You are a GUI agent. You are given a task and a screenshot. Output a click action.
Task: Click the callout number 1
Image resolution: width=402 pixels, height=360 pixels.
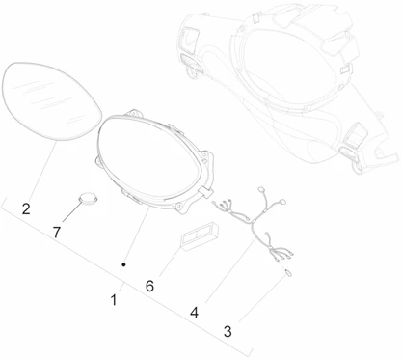click(114, 300)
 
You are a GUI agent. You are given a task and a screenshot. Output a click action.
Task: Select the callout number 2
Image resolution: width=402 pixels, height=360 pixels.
click(26, 208)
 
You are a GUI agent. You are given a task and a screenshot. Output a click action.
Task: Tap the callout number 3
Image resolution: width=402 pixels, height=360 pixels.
click(228, 332)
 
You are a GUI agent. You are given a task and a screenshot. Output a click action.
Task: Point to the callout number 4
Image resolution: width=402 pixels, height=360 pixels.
click(194, 313)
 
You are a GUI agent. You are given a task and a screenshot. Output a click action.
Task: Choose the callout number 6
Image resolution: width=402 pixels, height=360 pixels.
click(149, 286)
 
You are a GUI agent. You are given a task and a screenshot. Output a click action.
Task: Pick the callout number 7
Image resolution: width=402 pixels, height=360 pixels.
click(57, 232)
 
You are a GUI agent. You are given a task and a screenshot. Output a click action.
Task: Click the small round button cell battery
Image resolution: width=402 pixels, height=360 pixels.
click(88, 198)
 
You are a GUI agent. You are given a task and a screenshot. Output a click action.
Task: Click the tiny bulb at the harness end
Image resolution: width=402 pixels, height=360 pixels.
click(288, 273)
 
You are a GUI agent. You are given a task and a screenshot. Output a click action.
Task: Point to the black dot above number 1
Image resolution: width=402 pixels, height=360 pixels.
click(123, 264)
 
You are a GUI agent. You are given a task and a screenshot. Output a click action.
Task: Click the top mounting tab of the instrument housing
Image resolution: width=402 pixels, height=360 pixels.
click(133, 114)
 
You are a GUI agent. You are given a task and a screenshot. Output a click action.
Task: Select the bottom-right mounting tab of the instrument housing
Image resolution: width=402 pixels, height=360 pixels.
click(182, 207)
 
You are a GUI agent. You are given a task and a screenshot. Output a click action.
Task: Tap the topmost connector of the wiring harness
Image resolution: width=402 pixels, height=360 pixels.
click(261, 189)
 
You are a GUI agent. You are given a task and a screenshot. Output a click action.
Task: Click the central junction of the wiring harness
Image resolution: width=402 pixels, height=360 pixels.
click(253, 222)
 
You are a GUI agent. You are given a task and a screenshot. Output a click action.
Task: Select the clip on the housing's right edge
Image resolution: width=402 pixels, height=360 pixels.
click(206, 192)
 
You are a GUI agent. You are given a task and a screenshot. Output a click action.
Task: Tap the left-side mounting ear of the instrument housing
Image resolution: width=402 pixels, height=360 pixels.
click(98, 160)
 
